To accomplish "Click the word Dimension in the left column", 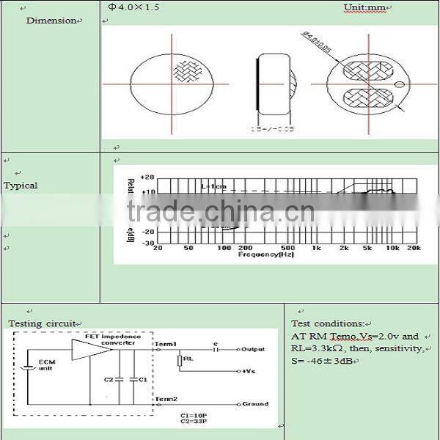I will (x=51, y=21).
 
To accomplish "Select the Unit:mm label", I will (x=364, y=8).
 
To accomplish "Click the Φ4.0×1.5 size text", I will (x=133, y=7).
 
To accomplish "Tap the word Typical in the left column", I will (x=21, y=186).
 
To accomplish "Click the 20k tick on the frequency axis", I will (x=414, y=248).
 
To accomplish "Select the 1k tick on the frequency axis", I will (x=316, y=248).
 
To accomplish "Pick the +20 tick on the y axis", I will (x=146, y=177).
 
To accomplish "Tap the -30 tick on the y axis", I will (x=146, y=242).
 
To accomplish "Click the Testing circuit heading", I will (x=42, y=323).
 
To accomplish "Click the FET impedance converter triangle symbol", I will (x=92, y=350).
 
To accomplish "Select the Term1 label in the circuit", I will (x=166, y=344).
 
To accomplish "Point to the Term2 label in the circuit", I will (x=166, y=399).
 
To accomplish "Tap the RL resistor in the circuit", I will (x=180, y=360).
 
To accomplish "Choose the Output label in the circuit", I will (x=253, y=349).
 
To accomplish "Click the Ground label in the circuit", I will (x=254, y=404).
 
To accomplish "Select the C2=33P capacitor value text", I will (x=194, y=422).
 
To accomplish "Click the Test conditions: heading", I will (x=328, y=323).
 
